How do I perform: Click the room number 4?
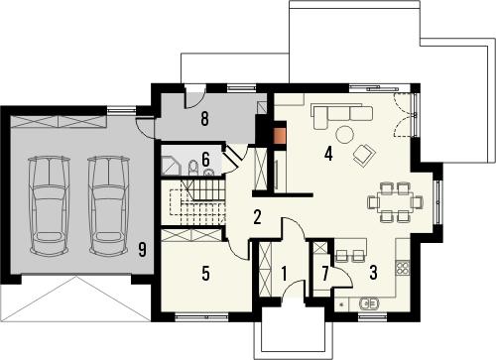[x=328, y=154]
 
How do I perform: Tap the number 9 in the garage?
[x=143, y=250]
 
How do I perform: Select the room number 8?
[x=203, y=120]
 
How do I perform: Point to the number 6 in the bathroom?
[x=205, y=158]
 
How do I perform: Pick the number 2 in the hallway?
[x=256, y=218]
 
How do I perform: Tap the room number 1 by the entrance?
[x=283, y=273]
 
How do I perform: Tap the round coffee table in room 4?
[x=344, y=135]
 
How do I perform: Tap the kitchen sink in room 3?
[x=371, y=303]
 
